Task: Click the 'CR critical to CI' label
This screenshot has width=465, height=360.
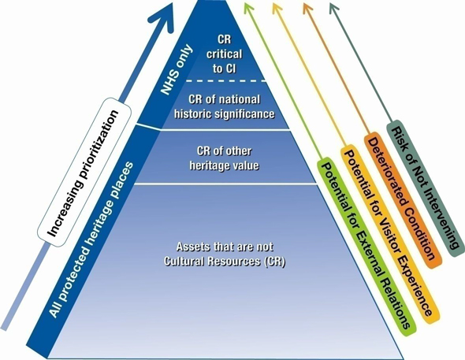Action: pyautogui.click(x=224, y=54)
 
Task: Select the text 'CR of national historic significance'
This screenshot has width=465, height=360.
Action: pyautogui.click(x=224, y=106)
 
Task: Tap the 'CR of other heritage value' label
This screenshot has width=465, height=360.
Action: pyautogui.click(x=224, y=158)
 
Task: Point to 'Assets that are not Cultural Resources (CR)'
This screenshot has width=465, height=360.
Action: pyautogui.click(x=224, y=254)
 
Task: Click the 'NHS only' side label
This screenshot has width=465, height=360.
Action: pyautogui.click(x=177, y=70)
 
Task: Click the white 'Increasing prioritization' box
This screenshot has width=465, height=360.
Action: pyautogui.click(x=84, y=173)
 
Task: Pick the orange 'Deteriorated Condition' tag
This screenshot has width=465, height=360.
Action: pyautogui.click(x=403, y=200)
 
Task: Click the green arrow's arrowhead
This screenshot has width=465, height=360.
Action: pyautogui.click(x=249, y=9)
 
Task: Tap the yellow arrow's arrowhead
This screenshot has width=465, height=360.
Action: pyautogui.click(x=278, y=9)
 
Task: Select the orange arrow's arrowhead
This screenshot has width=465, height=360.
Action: pyautogui.click(x=307, y=9)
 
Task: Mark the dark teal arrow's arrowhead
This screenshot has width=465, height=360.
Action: pyautogui.click(x=334, y=9)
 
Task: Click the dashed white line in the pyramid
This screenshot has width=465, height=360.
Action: pyautogui.click(x=226, y=80)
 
